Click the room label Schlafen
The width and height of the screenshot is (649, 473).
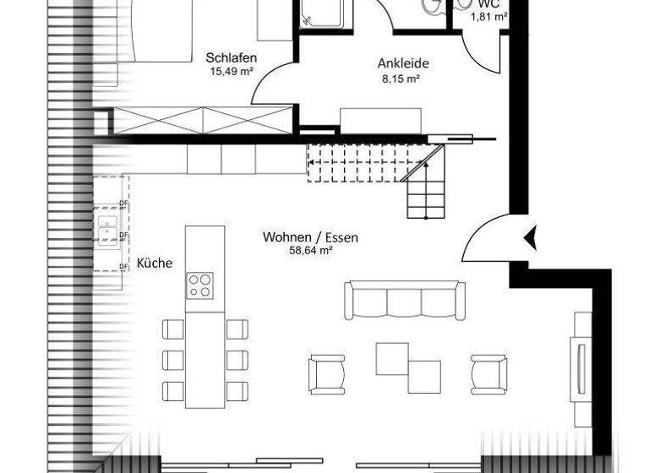[231, 58]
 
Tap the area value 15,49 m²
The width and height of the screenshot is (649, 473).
[231, 72]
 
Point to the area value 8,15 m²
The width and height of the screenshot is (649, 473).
[401, 78]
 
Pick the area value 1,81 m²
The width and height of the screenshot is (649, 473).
[488, 16]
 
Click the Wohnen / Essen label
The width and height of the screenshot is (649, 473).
[309, 237]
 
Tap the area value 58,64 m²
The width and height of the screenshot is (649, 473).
[309, 251]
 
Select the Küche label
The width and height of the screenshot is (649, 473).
[154, 264]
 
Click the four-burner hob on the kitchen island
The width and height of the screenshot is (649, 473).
[200, 285]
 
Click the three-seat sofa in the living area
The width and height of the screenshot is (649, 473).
[404, 301]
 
